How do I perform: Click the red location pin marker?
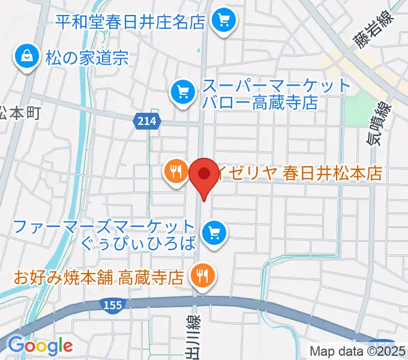point(203,175)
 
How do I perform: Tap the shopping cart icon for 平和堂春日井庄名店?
point(224,22)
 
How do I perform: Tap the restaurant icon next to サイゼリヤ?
point(175,172)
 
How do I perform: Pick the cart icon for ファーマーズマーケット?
point(214,231)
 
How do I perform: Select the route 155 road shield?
point(112,307)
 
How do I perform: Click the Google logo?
point(40,346)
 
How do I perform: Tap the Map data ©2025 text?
point(358,351)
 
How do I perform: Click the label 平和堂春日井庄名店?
point(131,22)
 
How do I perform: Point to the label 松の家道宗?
point(86,58)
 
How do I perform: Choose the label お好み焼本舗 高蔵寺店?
point(98,277)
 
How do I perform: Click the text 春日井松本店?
point(333,173)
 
